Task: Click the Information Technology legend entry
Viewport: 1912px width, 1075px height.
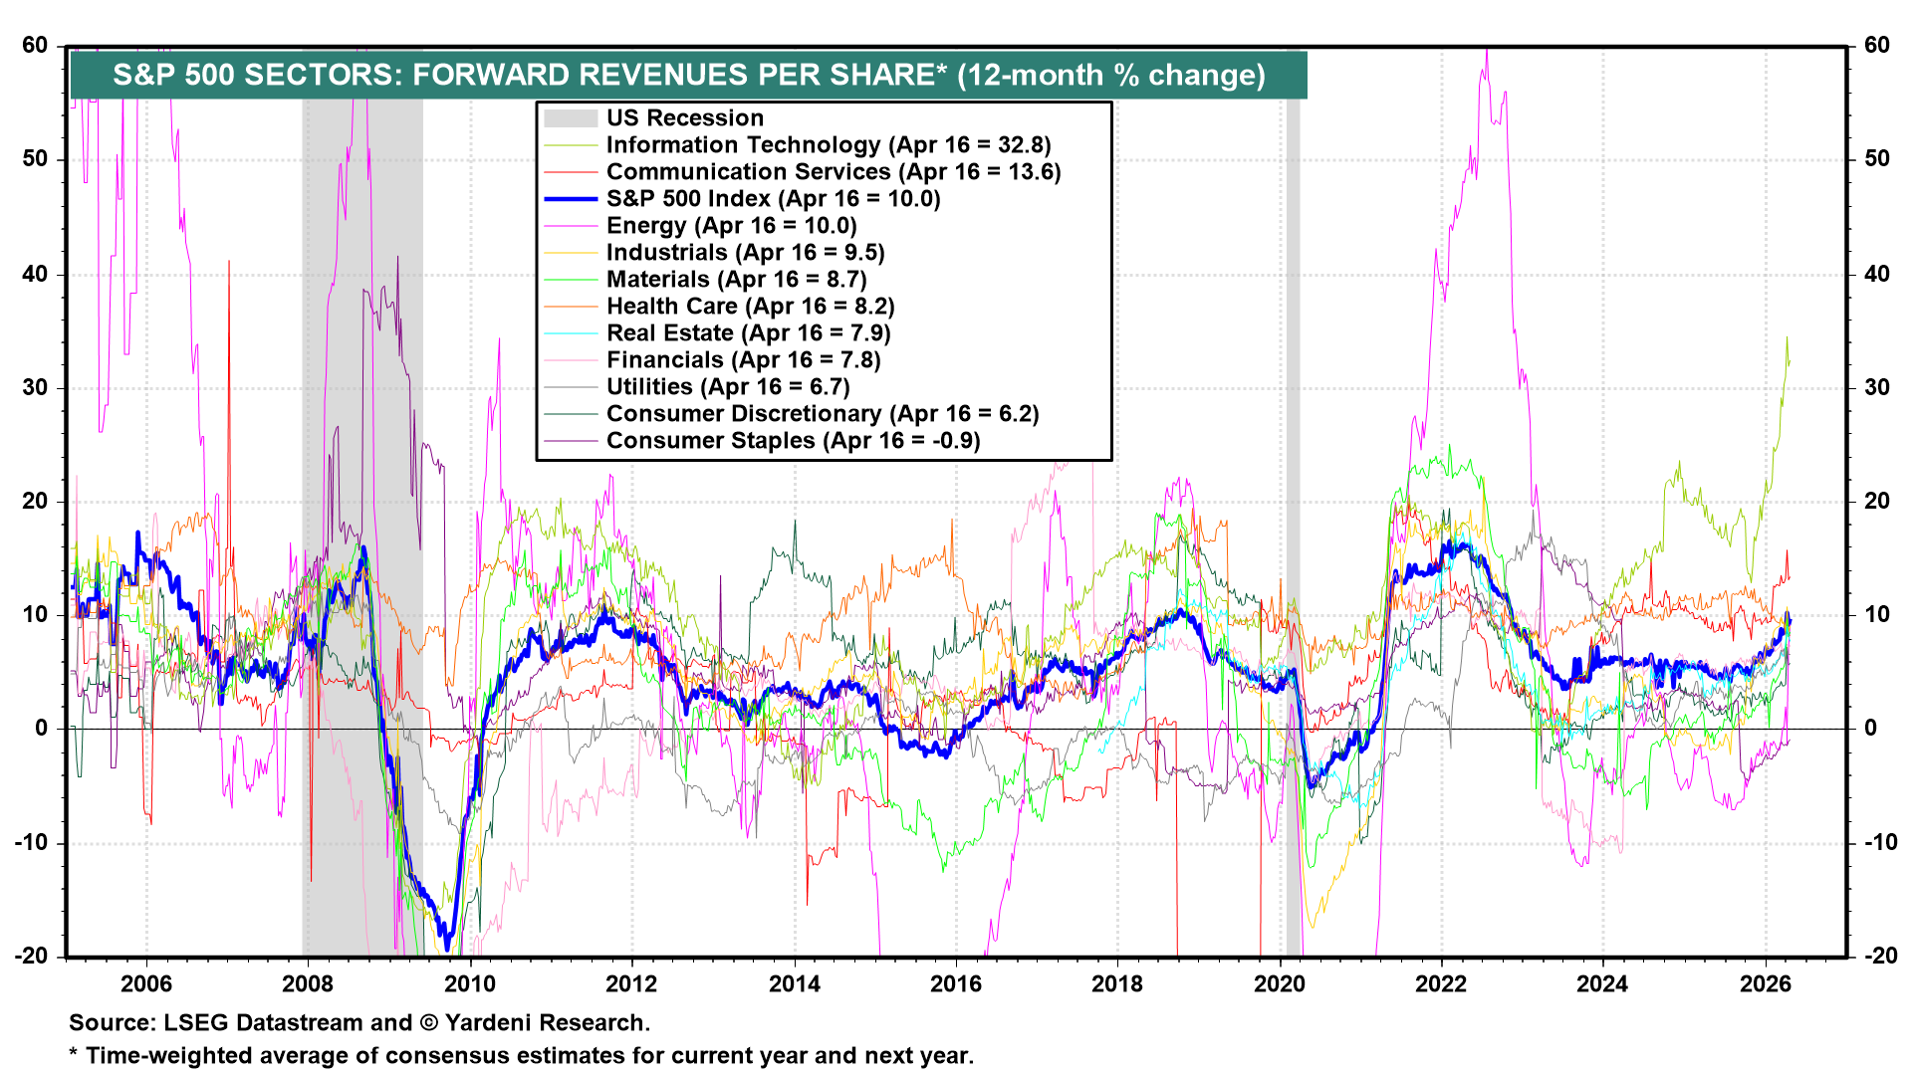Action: [x=829, y=145]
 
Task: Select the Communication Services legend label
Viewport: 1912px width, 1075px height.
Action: [x=834, y=172]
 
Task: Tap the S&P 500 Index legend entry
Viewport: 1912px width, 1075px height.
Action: [x=773, y=199]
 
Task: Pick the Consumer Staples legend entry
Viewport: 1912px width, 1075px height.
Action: [x=793, y=441]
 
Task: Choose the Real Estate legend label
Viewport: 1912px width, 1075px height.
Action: [x=748, y=333]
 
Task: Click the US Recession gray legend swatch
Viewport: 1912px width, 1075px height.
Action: [x=571, y=118]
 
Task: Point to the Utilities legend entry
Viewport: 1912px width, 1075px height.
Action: [x=728, y=387]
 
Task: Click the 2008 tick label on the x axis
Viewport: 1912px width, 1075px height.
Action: [x=307, y=984]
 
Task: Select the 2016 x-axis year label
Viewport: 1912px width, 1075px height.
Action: [x=955, y=984]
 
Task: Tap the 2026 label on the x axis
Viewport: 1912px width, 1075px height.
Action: [x=1765, y=984]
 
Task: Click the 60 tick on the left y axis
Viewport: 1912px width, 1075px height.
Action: [x=35, y=46]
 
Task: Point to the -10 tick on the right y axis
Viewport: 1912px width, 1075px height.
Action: [x=1877, y=843]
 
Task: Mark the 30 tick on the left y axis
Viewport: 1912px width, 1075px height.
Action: [x=35, y=388]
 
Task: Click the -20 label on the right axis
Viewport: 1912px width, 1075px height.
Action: [x=1877, y=957]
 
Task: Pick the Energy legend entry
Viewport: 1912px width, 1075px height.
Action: [x=731, y=226]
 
